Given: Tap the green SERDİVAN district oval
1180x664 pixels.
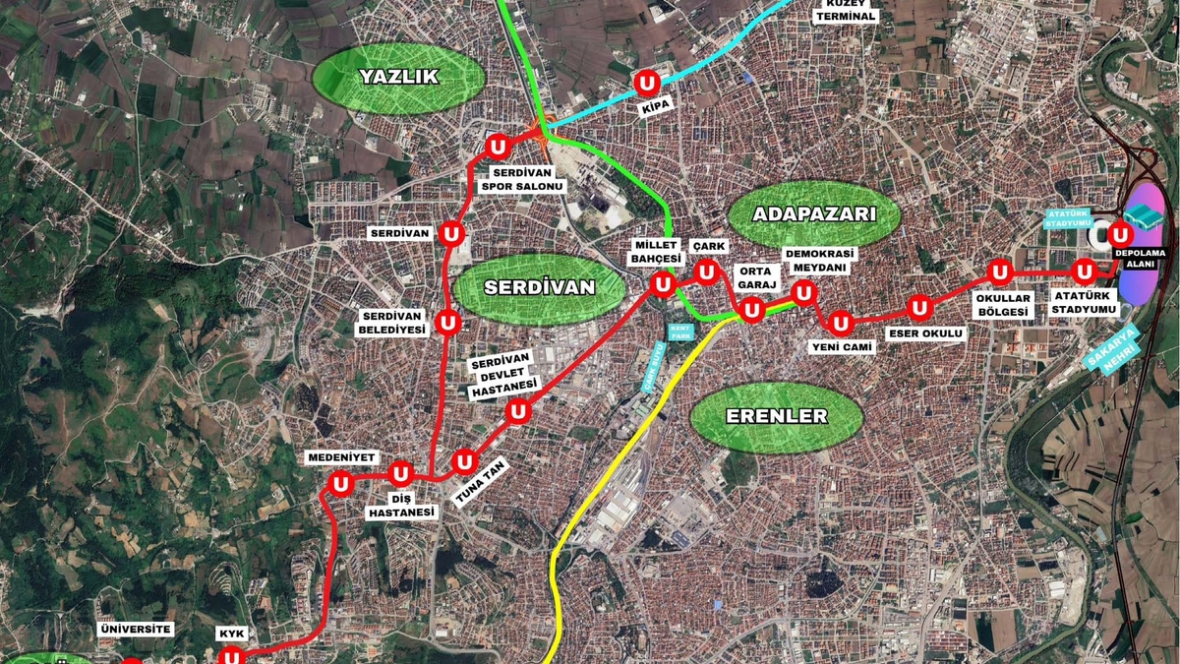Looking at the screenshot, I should (x=539, y=288).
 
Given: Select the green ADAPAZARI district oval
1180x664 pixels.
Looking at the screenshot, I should (x=813, y=215).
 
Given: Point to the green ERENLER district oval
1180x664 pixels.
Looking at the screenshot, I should (x=776, y=417).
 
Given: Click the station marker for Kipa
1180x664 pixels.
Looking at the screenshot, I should (x=647, y=82).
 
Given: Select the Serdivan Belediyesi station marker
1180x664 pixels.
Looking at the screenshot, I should (x=448, y=323).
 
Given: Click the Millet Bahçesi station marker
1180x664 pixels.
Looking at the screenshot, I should (x=663, y=285).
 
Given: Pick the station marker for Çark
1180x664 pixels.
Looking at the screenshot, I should (x=705, y=272).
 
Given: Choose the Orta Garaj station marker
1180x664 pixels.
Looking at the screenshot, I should (x=751, y=311).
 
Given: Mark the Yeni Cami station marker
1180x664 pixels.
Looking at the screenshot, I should (x=841, y=323).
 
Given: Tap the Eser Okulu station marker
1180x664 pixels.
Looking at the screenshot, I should (x=919, y=309).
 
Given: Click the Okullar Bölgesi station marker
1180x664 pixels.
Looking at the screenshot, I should (x=1000, y=272).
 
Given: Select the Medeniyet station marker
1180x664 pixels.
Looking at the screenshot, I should (x=342, y=483).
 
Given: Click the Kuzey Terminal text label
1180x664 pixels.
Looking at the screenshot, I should (x=845, y=10).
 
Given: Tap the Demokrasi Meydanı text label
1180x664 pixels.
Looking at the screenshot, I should (x=820, y=261).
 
